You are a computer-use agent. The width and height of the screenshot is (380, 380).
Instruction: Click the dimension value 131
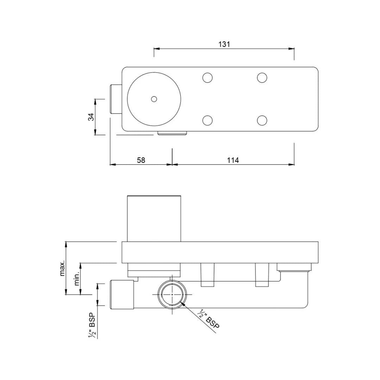point(224,44)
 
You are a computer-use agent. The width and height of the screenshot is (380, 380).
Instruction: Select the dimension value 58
point(141,160)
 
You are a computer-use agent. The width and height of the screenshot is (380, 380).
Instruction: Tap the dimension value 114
point(233,160)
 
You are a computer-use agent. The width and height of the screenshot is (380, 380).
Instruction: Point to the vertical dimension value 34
point(91,117)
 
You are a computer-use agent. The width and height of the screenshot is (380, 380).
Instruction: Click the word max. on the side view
point(62,268)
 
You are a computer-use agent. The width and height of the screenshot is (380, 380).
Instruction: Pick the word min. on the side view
point(77,278)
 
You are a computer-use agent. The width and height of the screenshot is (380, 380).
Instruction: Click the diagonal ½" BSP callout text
point(209,319)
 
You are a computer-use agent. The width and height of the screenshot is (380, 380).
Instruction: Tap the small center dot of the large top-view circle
point(154,99)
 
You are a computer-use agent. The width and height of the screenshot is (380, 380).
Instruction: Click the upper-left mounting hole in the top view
point(208,77)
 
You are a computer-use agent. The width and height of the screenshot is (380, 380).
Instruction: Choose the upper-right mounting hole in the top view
point(262,77)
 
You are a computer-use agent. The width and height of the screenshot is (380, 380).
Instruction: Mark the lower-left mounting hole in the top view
point(208,120)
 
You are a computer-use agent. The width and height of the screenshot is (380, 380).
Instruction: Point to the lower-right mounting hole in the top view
point(262,120)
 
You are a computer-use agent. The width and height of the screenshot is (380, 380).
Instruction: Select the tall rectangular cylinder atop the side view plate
point(154,218)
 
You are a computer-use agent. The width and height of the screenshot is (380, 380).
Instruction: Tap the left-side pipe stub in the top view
point(116,99)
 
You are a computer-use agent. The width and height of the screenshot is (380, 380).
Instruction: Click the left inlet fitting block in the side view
point(122,294)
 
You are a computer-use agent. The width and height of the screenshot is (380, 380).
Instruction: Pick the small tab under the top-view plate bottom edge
point(172,133)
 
